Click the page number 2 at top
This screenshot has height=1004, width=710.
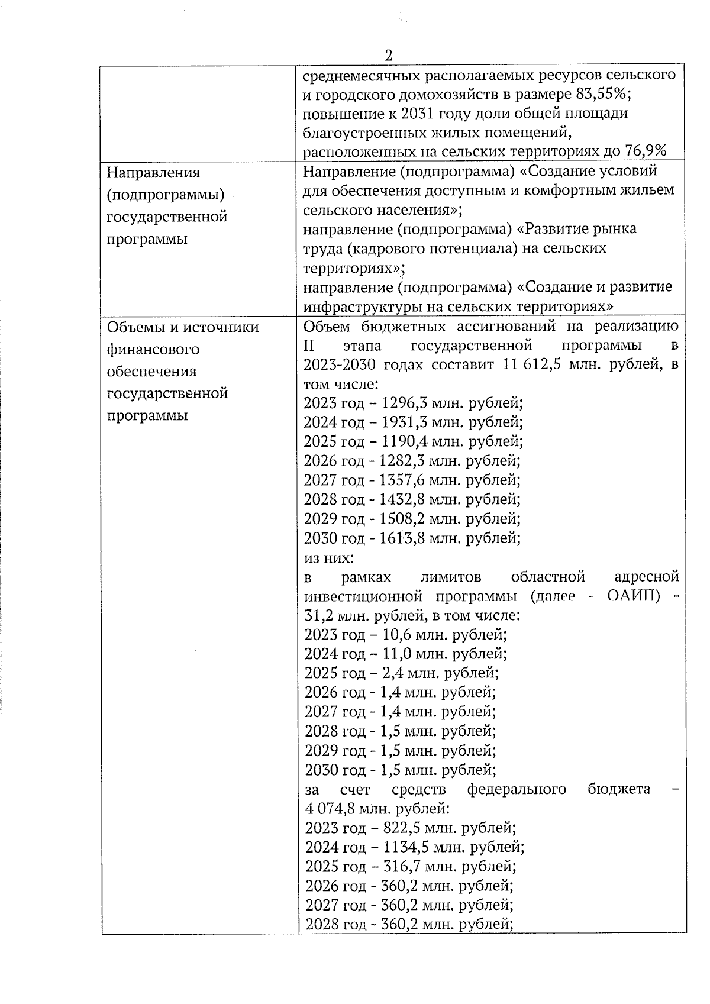389,56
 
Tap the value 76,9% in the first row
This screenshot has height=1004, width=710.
646,151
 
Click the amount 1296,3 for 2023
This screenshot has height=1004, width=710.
405,403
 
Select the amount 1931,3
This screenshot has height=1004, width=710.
405,422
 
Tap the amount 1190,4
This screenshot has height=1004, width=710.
405,442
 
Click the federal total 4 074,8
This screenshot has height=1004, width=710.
330,808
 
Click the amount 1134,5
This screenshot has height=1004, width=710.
405,847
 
